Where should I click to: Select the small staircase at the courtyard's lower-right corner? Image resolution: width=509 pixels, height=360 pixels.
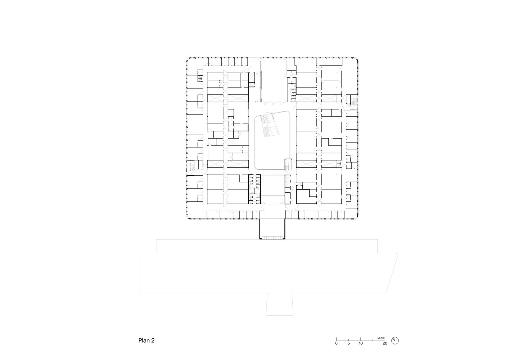(288, 164)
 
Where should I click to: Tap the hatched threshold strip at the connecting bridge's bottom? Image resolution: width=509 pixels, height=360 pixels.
(272, 238)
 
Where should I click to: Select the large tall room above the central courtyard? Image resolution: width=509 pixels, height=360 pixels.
(273, 80)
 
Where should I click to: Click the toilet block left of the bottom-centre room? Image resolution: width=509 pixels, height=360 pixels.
(254, 189)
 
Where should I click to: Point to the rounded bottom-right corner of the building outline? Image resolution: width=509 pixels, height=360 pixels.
(356, 217)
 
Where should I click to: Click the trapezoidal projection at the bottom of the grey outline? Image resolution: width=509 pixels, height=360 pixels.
(279, 304)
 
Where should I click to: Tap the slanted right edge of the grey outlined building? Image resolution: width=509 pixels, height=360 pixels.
(392, 273)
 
